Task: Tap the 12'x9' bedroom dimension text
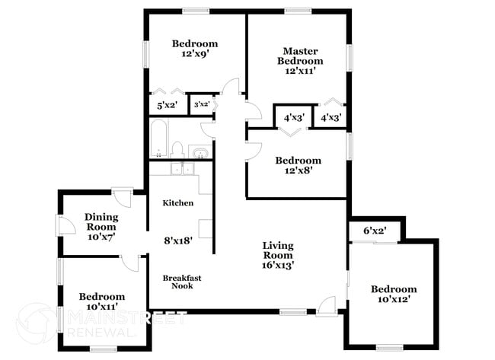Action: [194, 55]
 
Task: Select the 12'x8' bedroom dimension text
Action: [298, 171]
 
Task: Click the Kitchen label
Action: [178, 203]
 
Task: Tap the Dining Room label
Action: [101, 221]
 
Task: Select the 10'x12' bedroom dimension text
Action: [394, 301]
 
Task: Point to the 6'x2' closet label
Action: [375, 231]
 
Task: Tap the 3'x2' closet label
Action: [202, 104]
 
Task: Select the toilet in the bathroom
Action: [177, 148]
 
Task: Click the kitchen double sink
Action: [181, 169]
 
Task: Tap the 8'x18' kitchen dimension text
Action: [178, 241]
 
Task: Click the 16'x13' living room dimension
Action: [278, 266]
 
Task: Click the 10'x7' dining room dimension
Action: [101, 237]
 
